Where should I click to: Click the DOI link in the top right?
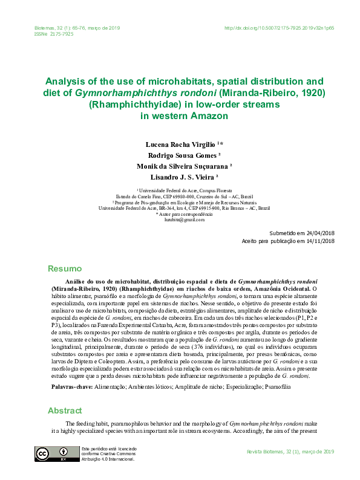coord(279,28)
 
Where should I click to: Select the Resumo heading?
coord(64,268)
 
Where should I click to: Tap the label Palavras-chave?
coord(71,385)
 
